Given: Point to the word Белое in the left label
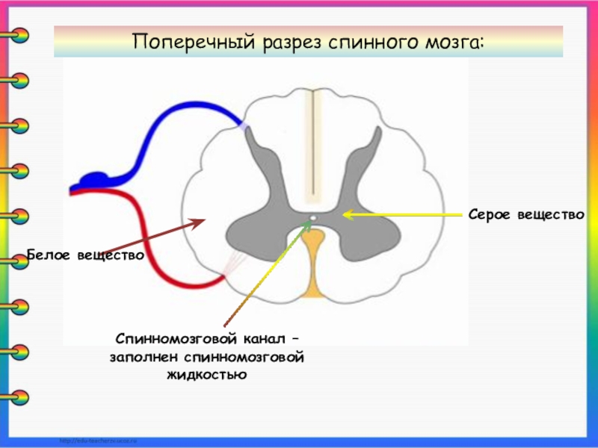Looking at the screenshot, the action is point(49,255).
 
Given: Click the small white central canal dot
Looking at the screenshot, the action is point(314,219).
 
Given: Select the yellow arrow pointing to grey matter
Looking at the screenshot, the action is point(404,214).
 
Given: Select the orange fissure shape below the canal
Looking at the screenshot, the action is point(315,261).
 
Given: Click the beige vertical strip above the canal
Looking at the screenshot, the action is point(317,142).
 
